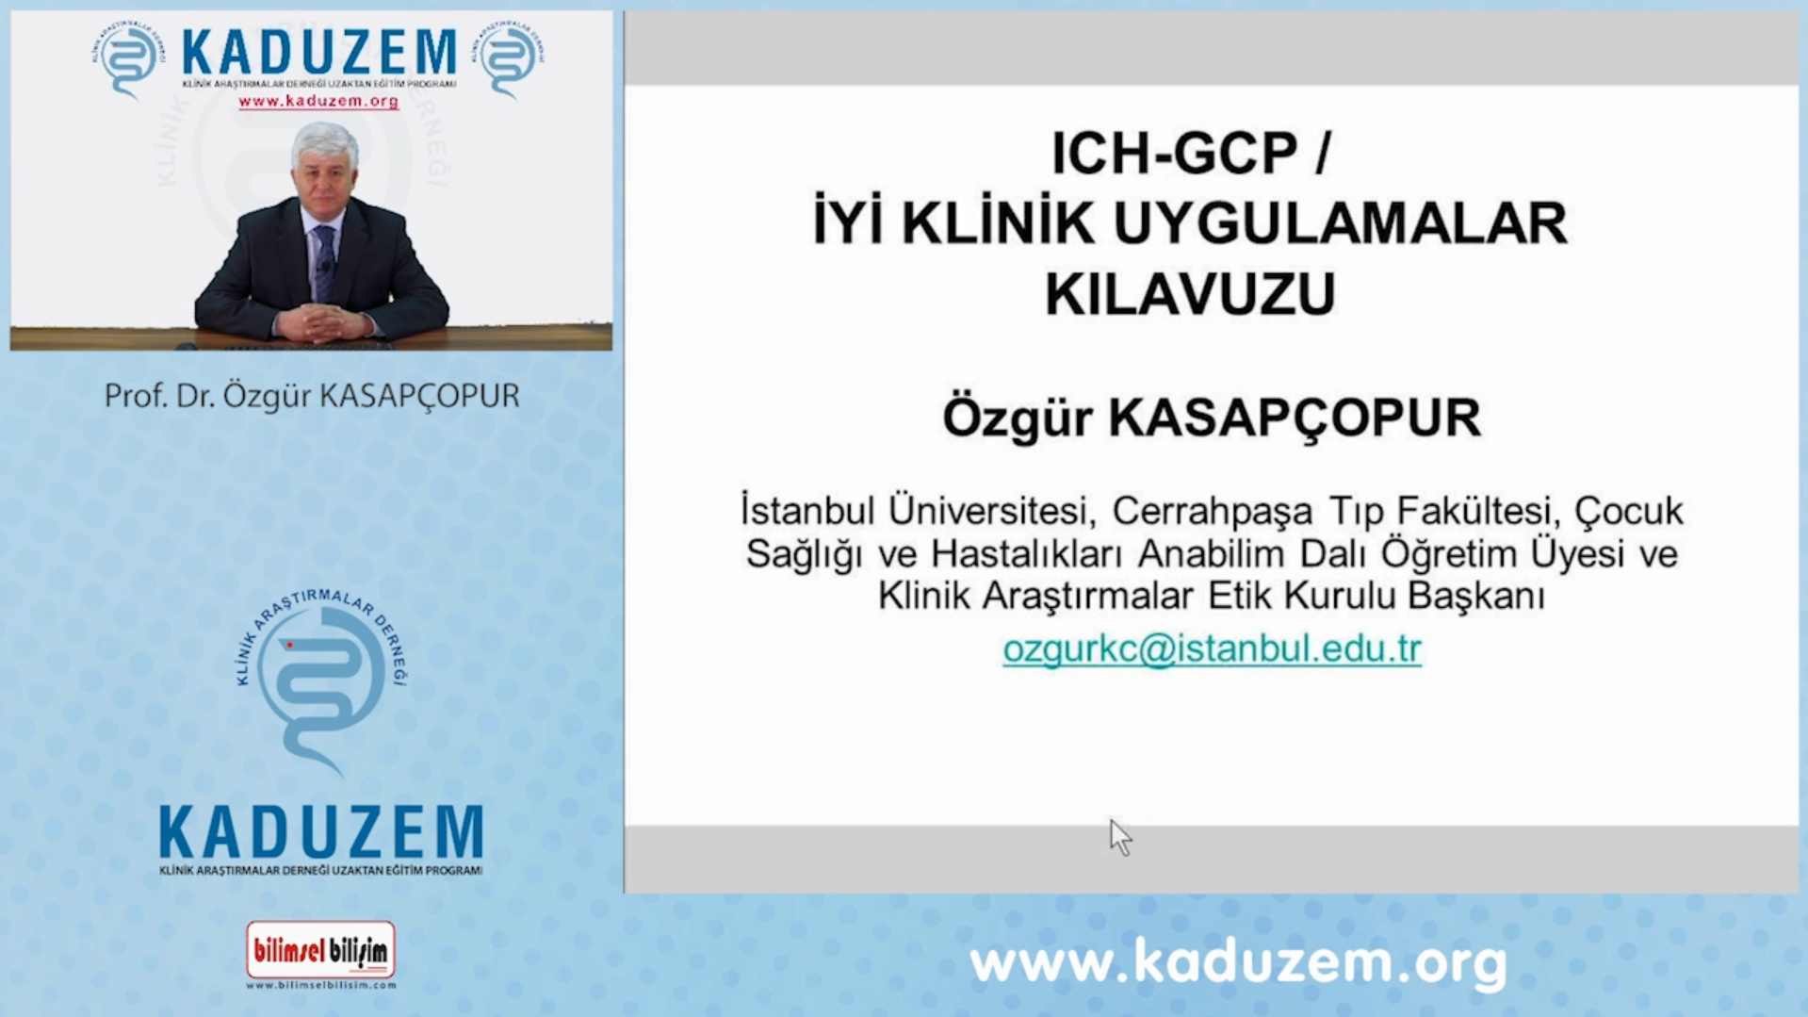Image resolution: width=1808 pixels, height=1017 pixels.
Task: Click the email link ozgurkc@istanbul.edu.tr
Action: (x=1212, y=649)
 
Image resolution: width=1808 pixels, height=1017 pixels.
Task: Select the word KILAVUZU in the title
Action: (x=1190, y=294)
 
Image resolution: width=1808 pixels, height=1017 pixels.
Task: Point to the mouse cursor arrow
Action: (x=1119, y=837)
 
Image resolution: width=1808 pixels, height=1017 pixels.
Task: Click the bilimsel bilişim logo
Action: (x=320, y=951)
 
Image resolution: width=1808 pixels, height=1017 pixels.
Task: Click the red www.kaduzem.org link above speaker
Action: (x=318, y=101)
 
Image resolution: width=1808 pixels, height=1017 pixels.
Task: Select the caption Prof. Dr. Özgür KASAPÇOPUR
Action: (x=312, y=396)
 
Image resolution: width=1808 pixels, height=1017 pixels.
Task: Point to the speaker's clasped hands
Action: (x=320, y=323)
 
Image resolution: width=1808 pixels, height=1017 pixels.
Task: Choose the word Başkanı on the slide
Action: (x=1476, y=596)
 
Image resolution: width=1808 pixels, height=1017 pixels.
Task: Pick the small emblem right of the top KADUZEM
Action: (x=509, y=58)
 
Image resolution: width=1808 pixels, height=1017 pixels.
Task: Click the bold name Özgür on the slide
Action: (x=1018, y=418)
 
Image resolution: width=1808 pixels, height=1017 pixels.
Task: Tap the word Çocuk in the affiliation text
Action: (x=1629, y=512)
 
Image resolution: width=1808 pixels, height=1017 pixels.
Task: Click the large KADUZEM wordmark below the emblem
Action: (x=321, y=833)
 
